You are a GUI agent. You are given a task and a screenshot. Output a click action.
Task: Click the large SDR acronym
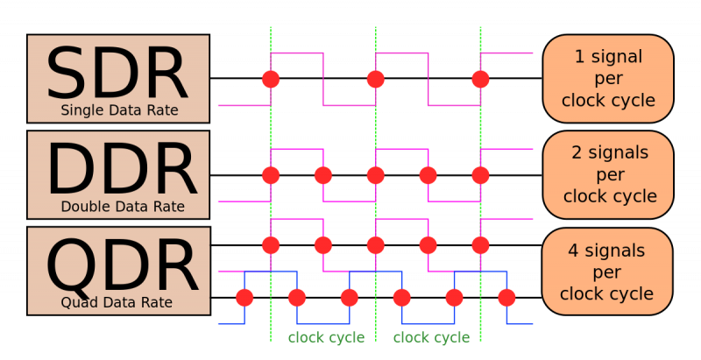(117, 74)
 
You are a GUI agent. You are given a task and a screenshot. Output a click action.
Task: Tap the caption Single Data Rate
(119, 111)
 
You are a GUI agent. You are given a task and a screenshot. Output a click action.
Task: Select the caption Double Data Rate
(123, 208)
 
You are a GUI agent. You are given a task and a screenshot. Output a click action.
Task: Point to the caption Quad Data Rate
(117, 303)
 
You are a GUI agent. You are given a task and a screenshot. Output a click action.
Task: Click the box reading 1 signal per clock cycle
(608, 79)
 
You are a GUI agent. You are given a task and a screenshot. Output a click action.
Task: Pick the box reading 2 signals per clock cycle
(609, 175)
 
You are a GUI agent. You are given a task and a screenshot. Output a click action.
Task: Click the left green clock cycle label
(326, 338)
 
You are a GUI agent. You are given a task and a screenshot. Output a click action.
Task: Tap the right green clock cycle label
(431, 338)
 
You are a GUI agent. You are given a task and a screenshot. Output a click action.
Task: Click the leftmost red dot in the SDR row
(271, 79)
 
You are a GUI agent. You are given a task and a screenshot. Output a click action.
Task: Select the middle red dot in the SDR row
(376, 79)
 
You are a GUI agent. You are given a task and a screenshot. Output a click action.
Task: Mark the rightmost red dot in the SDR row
(480, 79)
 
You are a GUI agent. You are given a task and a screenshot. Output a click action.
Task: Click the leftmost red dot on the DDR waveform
(271, 175)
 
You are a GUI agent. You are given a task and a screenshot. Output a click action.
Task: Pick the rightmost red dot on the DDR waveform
(480, 175)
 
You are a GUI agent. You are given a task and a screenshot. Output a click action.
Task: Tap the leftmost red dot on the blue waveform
(244, 298)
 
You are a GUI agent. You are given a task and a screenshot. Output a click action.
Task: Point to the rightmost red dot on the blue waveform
(506, 298)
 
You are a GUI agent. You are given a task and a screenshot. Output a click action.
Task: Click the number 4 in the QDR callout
(573, 251)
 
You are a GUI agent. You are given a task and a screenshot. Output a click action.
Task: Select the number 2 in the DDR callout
(577, 153)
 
